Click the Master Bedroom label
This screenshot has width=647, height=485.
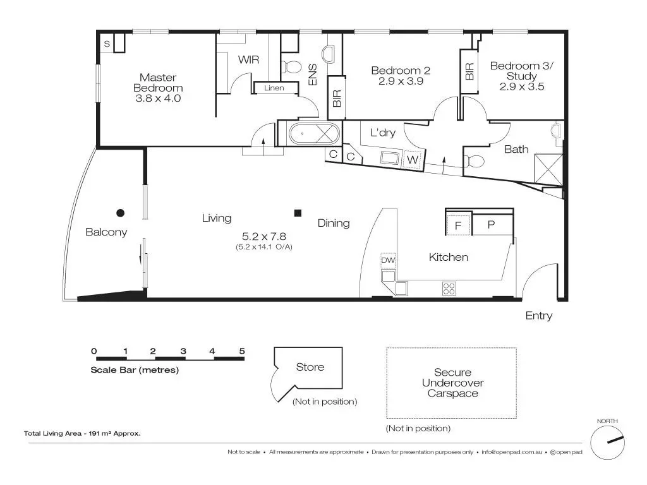click(158, 83)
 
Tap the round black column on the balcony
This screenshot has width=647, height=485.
click(121, 213)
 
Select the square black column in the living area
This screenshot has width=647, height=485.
click(298, 213)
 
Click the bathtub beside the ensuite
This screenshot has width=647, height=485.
click(315, 134)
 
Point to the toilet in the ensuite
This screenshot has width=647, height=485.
click(291, 66)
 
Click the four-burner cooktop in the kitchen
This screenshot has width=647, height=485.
click(449, 288)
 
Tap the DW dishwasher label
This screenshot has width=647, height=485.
click(388, 260)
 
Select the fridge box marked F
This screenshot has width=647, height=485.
click(458, 225)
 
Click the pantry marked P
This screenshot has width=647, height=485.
click(492, 225)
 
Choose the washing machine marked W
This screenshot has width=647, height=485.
click(412, 160)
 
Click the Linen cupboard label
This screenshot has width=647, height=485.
click(274, 88)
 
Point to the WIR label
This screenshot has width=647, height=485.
click(249, 60)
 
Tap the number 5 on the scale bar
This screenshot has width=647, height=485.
click(242, 351)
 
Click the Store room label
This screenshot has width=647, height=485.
click(310, 367)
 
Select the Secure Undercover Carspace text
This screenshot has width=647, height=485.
click(452, 383)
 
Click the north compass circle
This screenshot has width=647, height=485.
click(607, 443)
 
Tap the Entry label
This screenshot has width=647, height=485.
click(539, 316)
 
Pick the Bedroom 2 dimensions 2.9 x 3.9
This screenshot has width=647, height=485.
click(401, 81)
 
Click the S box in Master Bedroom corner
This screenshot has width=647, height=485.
click(107, 44)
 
